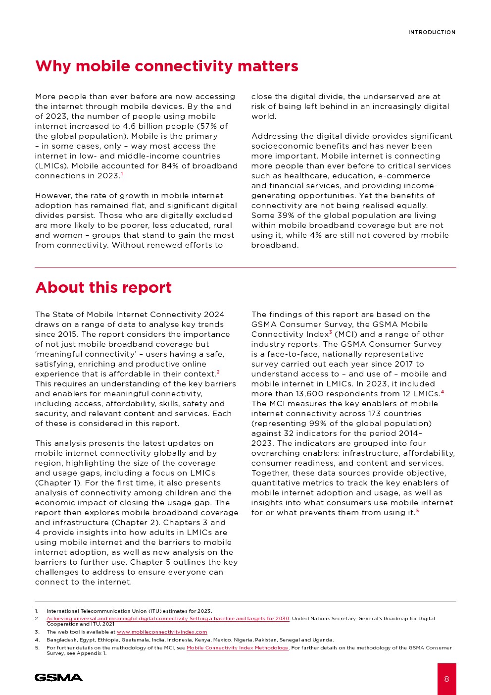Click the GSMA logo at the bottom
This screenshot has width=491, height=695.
click(58, 677)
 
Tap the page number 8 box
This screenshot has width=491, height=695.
click(446, 679)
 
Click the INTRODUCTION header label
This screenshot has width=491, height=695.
click(432, 32)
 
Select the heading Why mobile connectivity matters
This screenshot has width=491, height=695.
click(166, 66)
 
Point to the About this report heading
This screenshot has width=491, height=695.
click(103, 287)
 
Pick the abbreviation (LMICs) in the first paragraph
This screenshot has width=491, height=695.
click(51, 166)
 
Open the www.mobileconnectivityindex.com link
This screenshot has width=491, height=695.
click(162, 632)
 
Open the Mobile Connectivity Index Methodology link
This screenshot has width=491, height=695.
click(237, 648)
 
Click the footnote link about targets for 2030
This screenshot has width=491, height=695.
click(168, 619)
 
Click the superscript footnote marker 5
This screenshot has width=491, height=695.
click(417, 511)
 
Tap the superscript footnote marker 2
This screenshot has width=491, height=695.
click(218, 372)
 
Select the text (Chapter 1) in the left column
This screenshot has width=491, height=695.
click(54, 483)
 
